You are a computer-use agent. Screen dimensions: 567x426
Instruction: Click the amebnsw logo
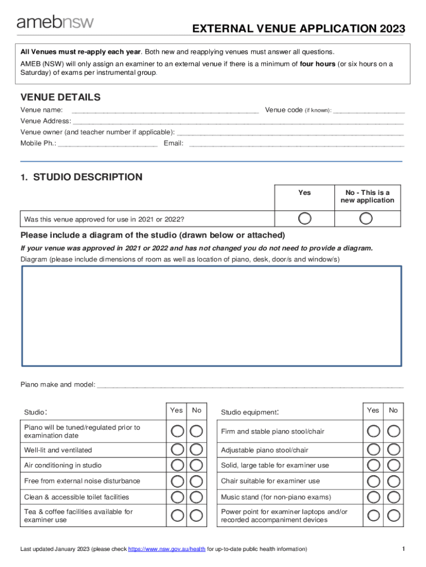(55, 22)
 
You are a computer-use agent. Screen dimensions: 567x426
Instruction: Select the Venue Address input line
(238, 122)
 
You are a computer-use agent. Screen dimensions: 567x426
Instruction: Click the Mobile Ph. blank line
(107, 145)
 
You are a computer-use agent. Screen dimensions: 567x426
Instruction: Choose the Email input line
(296, 145)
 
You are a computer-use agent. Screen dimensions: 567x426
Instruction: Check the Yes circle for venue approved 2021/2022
(304, 218)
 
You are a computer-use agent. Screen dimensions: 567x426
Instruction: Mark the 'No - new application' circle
(366, 218)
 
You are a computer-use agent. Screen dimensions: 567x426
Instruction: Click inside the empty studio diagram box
(212, 316)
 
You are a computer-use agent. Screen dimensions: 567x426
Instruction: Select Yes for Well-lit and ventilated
(178, 450)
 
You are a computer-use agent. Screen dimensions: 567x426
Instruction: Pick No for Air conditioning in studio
(196, 465)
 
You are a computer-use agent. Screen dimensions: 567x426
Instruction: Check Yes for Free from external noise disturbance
(178, 481)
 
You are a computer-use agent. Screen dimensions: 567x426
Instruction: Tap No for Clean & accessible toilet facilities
(196, 497)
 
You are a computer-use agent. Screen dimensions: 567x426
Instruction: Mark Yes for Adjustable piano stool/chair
(374, 450)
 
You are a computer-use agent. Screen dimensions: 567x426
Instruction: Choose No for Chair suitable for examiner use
(393, 481)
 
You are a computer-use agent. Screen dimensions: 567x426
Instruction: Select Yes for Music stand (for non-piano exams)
(374, 497)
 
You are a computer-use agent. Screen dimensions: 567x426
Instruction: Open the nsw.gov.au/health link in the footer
(167, 549)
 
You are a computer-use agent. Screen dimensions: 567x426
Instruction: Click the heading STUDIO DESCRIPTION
(87, 177)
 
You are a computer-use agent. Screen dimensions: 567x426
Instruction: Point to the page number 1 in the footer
(404, 549)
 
